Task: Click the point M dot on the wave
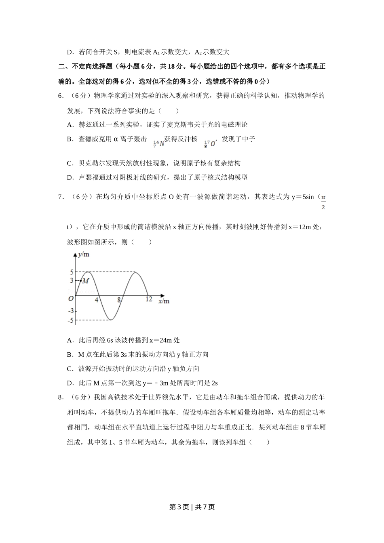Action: point(81,280)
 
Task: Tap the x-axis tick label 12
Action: point(149,299)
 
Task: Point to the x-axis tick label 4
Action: point(97,300)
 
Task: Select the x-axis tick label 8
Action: point(119,300)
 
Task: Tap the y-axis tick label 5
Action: point(72,272)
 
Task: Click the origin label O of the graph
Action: point(71,299)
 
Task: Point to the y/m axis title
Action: point(84,255)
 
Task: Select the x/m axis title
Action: point(164,301)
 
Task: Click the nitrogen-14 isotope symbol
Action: point(159,143)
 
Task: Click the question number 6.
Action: point(60,96)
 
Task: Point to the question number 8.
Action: point(60,397)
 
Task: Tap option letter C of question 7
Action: point(70,369)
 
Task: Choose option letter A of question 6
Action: point(70,125)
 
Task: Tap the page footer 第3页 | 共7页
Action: point(192,507)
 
